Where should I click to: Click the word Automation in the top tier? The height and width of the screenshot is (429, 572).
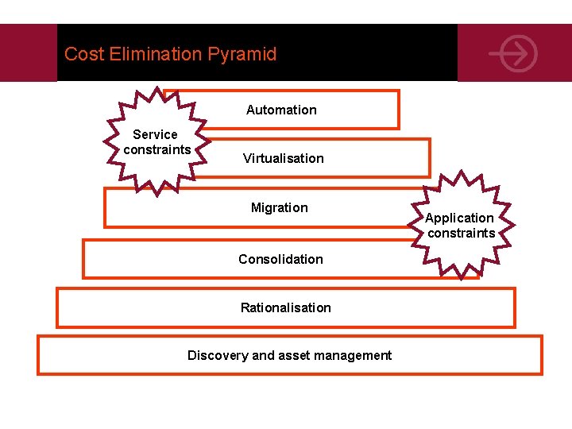coord(281,110)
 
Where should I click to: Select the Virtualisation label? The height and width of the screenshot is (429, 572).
coord(284,159)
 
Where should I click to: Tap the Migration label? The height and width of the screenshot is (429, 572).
coord(279,208)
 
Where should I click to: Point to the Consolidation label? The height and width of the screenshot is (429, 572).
coord(280,259)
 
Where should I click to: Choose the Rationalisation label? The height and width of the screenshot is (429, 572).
coord(286,307)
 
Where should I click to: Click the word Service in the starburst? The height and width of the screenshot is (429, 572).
coord(155,135)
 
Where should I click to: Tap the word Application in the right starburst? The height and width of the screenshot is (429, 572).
coord(459,218)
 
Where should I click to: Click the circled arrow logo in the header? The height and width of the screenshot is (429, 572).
coord(513,54)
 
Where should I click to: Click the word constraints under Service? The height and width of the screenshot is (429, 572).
coord(157,150)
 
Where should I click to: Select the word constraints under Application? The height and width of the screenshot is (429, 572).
coord(461,234)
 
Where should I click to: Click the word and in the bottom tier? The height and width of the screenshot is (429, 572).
coord(262,356)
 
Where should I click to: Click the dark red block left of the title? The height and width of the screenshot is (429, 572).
coord(29,52)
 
